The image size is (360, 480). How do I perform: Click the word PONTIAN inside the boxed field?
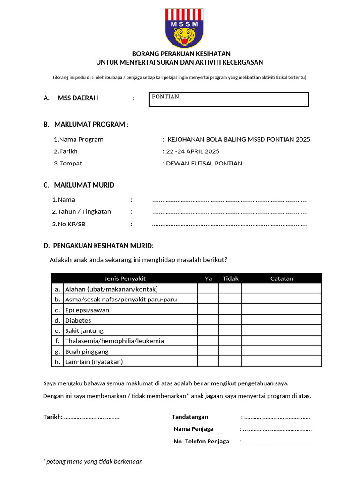165,97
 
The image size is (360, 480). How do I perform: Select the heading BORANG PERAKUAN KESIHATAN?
181,54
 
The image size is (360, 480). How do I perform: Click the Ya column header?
209,278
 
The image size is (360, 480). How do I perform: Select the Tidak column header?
230,278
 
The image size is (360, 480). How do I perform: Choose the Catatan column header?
282,278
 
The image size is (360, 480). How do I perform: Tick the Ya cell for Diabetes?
208,320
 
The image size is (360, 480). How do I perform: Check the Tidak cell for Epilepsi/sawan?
230,310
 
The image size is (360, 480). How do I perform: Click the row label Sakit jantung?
84,330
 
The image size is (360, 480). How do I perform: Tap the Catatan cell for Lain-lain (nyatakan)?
281,361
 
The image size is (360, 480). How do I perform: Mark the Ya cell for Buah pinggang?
208,351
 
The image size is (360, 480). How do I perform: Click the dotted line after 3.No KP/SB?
230,225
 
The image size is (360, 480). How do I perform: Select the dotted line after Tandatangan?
277,417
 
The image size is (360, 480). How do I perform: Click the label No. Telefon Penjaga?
202,441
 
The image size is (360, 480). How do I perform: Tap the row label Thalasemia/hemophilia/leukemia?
114,341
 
